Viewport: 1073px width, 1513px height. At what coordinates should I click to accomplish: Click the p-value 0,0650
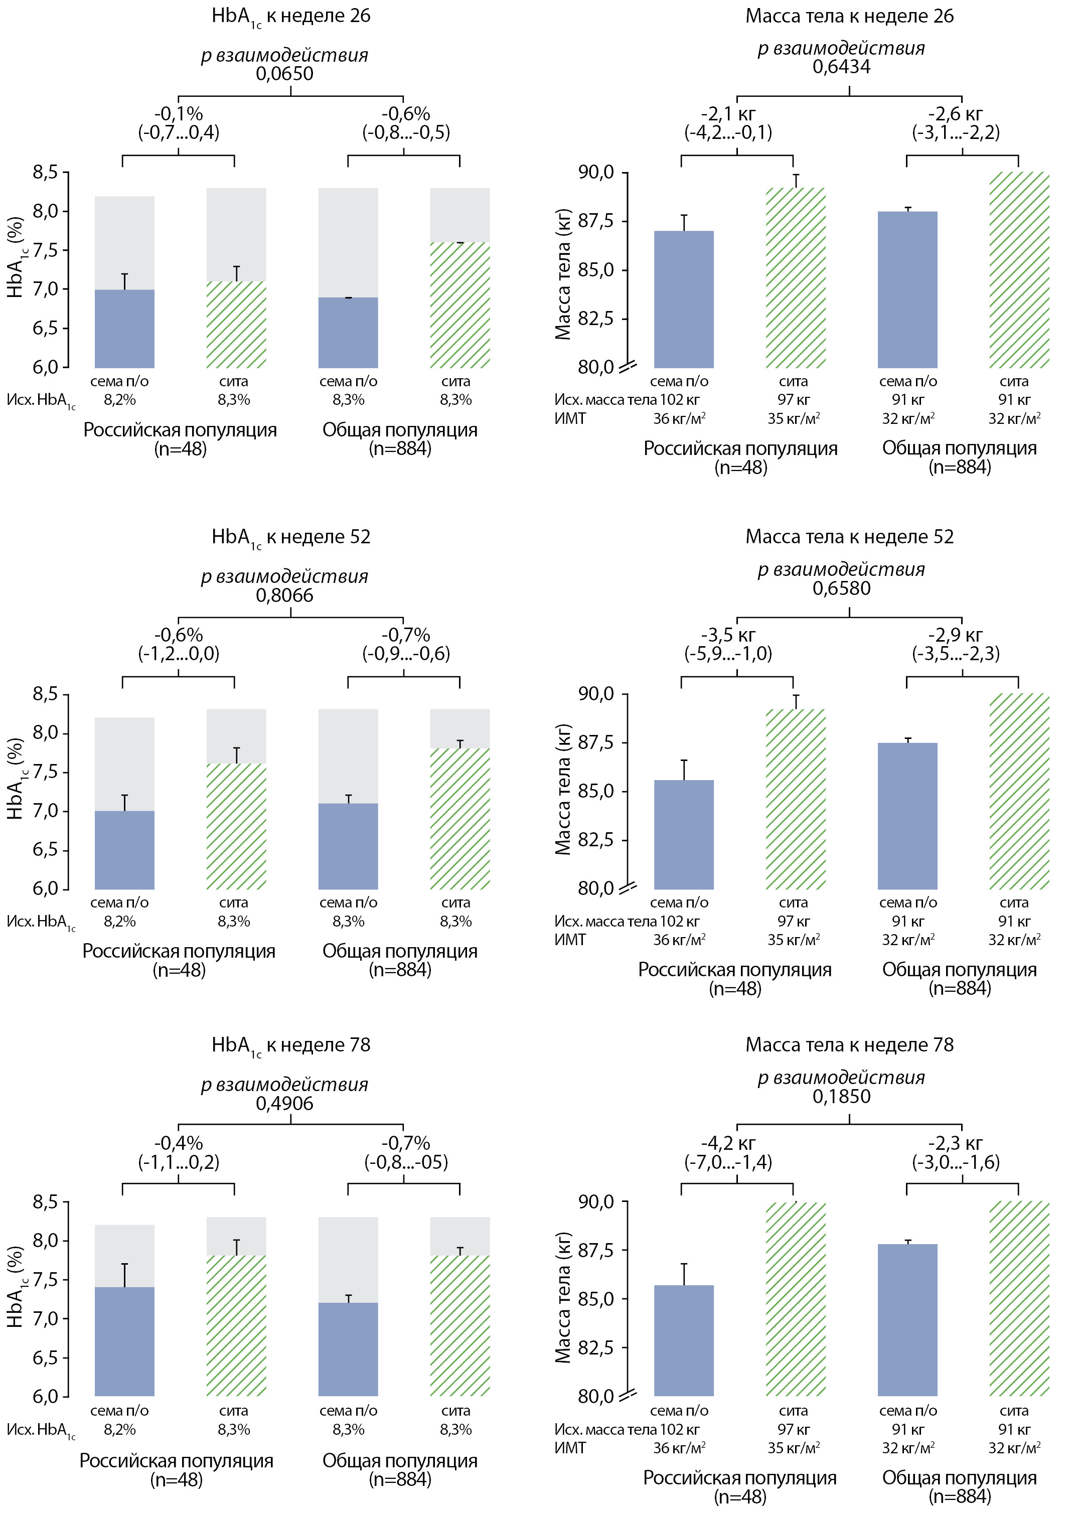coord(285,73)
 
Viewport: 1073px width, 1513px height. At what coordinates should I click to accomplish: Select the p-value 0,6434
coord(841,67)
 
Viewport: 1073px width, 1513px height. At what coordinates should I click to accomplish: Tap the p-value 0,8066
coord(285,595)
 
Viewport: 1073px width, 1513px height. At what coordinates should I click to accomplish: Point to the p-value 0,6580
coord(841,588)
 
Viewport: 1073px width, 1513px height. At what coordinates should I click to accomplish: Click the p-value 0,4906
coord(285,1103)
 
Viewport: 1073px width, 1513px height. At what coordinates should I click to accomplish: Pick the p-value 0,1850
coord(841,1096)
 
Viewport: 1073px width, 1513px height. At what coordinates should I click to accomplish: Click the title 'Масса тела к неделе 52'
coord(850,536)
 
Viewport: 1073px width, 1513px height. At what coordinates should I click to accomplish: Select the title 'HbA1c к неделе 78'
coord(291,1045)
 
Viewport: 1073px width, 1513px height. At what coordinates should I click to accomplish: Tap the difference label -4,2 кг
coord(728,1143)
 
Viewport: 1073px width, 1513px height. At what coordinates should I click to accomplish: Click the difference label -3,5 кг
coord(728,635)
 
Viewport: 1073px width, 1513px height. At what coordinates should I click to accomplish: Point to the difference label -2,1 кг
coord(728,114)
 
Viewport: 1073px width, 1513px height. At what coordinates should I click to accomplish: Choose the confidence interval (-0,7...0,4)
coord(179,132)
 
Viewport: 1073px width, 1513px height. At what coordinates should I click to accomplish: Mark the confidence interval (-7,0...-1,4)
coord(728,1162)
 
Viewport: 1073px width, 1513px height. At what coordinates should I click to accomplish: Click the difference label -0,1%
coord(179,114)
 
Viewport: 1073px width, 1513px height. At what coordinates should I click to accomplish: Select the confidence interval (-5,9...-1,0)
coord(728,654)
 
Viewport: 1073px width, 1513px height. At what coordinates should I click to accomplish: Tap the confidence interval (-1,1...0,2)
coord(179,1162)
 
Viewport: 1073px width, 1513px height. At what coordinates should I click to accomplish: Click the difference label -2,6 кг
coord(956,114)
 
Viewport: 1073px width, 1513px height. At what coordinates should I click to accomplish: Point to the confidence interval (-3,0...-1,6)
coord(956,1162)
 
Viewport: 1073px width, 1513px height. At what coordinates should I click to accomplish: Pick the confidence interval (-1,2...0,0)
coord(179,654)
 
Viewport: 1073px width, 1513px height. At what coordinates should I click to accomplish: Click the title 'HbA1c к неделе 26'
coord(291,16)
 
